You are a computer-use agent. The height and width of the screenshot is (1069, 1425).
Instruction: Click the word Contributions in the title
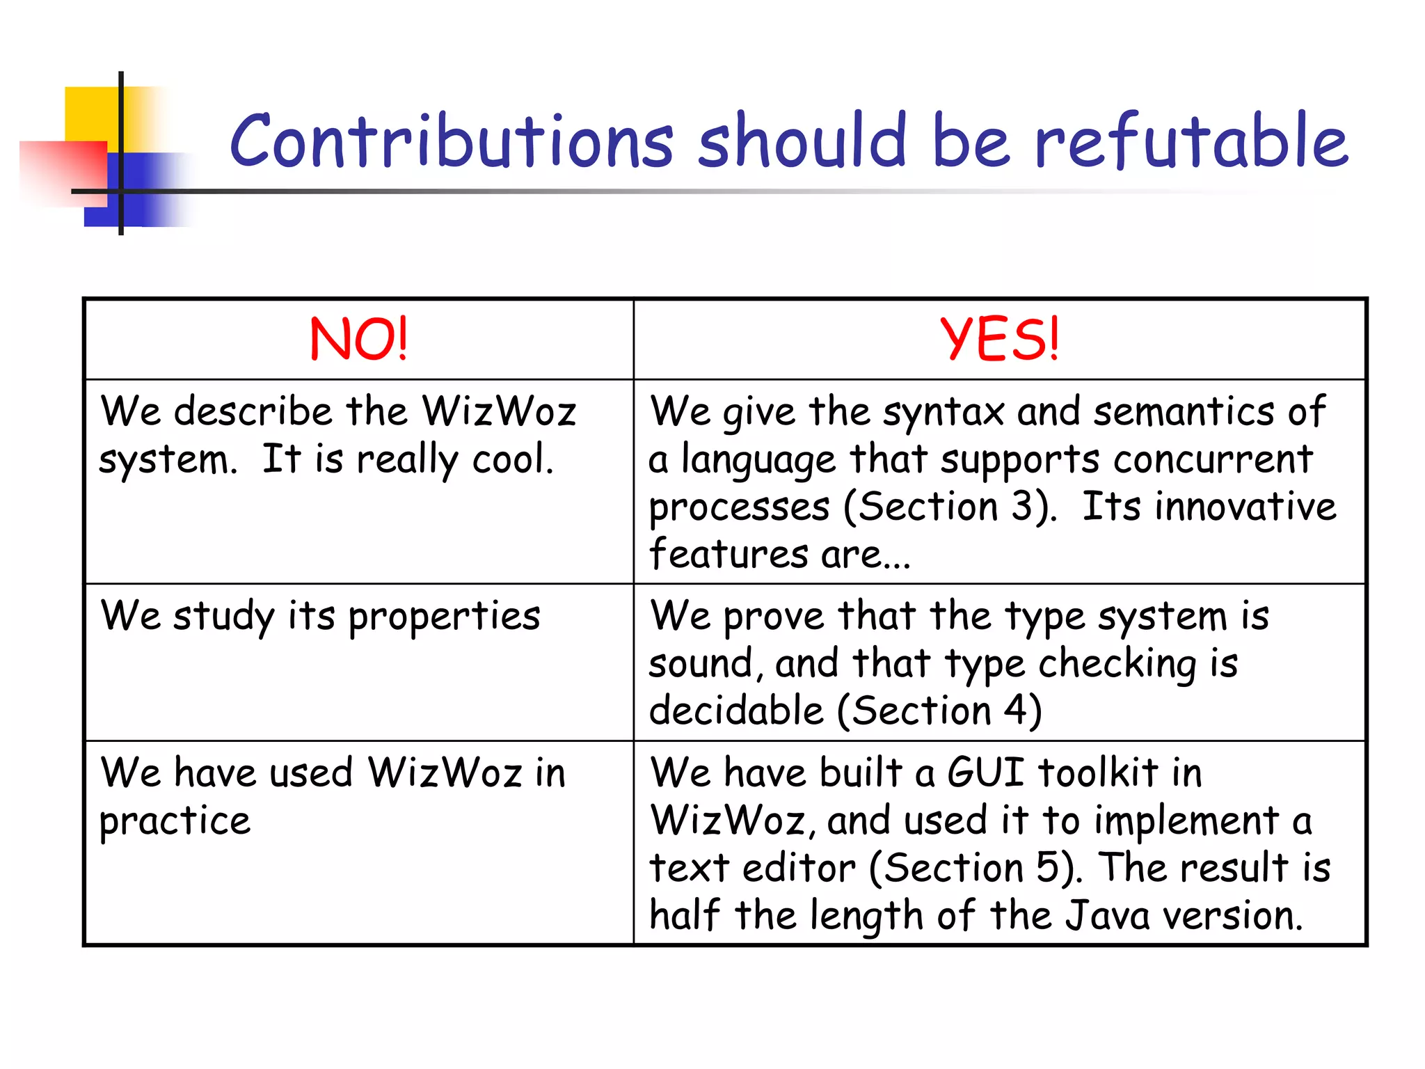coord(452,141)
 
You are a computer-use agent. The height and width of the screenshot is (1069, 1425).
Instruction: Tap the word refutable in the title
coord(1191,141)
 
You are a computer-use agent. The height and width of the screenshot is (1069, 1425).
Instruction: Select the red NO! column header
coord(358,340)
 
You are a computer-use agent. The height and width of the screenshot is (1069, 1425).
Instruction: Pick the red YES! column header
coord(999,340)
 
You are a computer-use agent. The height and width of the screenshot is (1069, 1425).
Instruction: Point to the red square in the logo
coord(63,173)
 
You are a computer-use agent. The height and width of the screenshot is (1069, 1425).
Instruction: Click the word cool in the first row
coord(512,460)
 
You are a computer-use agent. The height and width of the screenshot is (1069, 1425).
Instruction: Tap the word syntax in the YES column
coord(944,412)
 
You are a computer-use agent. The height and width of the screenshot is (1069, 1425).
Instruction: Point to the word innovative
coord(1245,506)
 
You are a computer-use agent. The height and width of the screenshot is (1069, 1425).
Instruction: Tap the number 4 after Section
coord(1015,711)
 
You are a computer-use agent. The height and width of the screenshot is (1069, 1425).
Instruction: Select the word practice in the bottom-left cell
coord(175,822)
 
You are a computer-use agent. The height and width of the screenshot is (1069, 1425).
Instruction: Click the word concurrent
coord(1213,460)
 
